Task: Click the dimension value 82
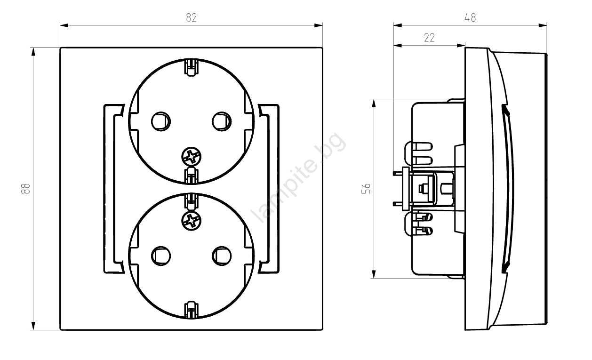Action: [x=192, y=18]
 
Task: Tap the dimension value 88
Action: [x=25, y=189]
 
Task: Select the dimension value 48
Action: [x=470, y=18]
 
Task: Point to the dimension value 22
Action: [x=429, y=38]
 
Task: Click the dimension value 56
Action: [x=366, y=189]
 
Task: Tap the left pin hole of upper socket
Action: [x=161, y=121]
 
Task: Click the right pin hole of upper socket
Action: [x=222, y=121]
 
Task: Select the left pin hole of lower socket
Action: [x=161, y=256]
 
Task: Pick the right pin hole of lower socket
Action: [x=222, y=256]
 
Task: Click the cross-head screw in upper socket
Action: [x=192, y=157]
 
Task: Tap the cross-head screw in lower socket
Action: [x=192, y=221]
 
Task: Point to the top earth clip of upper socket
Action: [x=192, y=68]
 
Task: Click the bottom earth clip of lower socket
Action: [x=192, y=310]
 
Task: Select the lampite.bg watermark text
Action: [x=298, y=177]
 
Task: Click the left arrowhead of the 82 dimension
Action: [x=64, y=25]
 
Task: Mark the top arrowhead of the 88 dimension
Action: [x=33, y=52]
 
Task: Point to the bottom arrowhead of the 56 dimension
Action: [x=374, y=274]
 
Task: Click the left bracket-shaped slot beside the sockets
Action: [x=108, y=189]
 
